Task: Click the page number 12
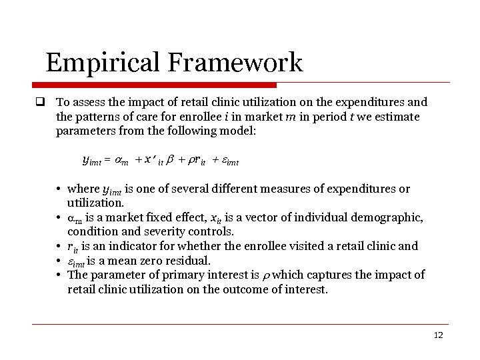point(437,335)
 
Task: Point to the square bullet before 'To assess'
point(40,103)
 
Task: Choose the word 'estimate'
point(397,117)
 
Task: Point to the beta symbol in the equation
point(169,160)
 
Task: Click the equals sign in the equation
point(105,161)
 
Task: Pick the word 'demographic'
point(390,218)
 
